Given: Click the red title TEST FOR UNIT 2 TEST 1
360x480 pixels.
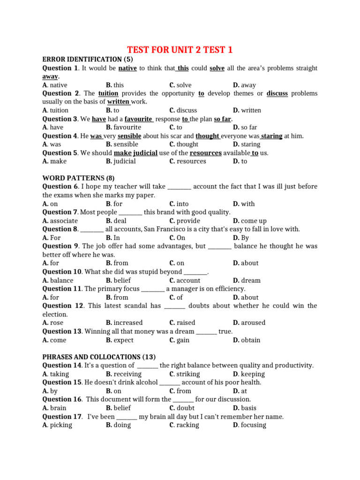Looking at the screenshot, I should (x=180, y=50).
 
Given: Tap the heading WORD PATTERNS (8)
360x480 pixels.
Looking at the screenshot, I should (x=78, y=178).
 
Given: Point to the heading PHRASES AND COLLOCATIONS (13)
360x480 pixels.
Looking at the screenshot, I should (x=99, y=357).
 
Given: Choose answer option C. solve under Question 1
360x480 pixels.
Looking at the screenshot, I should (x=180, y=85).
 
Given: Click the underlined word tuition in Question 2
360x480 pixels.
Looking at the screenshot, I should (x=108, y=93).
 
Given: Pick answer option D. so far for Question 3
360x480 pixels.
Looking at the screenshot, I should (x=245, y=127).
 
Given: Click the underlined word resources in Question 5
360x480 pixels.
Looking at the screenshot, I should (x=205, y=153).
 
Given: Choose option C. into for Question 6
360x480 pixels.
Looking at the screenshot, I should (x=179, y=204).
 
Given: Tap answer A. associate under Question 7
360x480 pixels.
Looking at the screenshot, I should (x=60, y=221).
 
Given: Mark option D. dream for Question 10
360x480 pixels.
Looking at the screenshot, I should (x=247, y=280).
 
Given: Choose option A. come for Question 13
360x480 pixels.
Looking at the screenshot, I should (x=54, y=340).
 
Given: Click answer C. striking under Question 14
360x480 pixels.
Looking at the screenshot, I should (x=185, y=374).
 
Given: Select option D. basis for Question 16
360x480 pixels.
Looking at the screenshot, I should (x=245, y=408).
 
